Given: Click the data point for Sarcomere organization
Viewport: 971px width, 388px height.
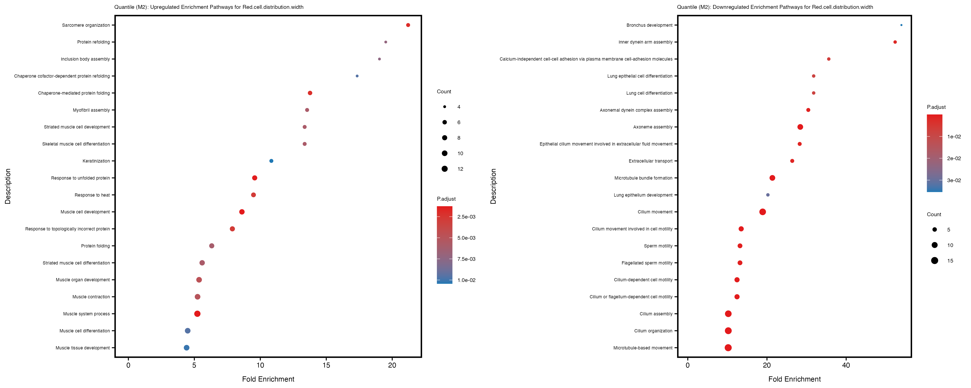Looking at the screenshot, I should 408,25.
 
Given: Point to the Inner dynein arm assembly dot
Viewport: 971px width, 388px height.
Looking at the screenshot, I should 895,42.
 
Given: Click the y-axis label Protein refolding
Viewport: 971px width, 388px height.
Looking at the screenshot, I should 93,42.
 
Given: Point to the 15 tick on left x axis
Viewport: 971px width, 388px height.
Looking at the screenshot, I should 326,365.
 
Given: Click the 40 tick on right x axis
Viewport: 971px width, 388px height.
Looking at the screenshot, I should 846,365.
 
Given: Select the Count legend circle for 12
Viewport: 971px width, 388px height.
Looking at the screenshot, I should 445,169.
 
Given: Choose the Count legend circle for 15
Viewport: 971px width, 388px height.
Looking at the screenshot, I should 935,260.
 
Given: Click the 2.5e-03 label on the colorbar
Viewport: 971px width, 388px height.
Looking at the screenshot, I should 466,217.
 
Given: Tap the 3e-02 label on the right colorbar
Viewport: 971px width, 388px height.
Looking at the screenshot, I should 954,180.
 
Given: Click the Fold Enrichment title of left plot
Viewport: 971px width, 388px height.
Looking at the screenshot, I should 268,379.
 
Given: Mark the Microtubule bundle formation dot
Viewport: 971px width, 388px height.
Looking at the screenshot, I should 772,178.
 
